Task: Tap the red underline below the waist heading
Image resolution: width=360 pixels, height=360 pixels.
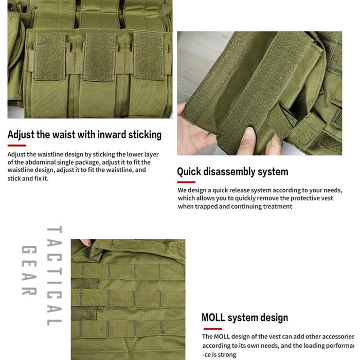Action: click(x=16, y=146)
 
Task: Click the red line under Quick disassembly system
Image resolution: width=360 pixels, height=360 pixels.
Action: click(x=186, y=182)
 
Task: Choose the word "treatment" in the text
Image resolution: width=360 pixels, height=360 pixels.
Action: click(x=276, y=206)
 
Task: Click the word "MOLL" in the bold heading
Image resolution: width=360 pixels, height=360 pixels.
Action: click(x=213, y=317)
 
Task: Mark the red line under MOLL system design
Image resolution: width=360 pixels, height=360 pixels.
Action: click(x=212, y=329)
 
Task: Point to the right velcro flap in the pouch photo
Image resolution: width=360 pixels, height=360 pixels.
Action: click(x=149, y=57)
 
